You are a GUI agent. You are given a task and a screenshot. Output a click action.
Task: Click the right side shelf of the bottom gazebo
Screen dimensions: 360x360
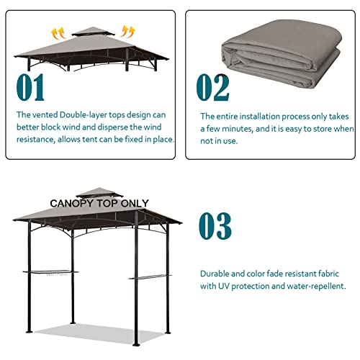[x=152, y=277]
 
